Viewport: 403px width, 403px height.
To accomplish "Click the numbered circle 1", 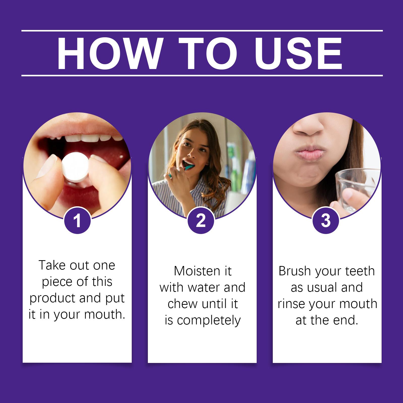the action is [x=77, y=221].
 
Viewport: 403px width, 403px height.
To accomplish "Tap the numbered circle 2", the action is [x=201, y=221].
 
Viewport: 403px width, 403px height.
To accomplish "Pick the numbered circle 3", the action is [x=326, y=221].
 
